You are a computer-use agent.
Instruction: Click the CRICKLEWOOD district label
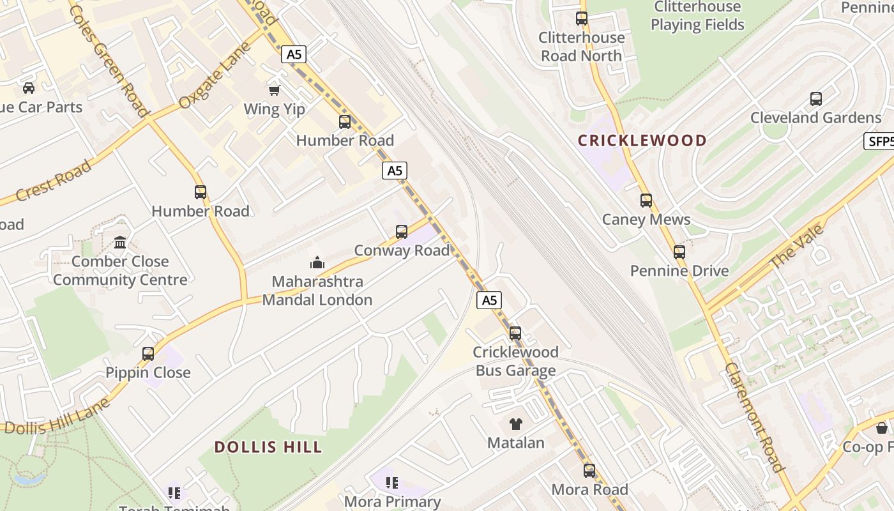pos(642,141)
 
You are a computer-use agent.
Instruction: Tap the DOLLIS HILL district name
pos(268,447)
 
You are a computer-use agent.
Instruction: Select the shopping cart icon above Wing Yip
pos(275,91)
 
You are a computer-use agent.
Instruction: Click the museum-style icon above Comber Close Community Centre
pos(120,242)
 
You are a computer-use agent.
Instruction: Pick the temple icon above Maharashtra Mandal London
pos(317,263)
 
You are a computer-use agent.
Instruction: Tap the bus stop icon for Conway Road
pos(402,232)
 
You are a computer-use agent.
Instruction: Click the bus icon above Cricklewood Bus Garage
pos(515,333)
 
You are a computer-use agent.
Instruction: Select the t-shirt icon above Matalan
pos(516,423)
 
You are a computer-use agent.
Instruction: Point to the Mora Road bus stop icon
pos(589,471)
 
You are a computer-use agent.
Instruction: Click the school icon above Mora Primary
pos(392,483)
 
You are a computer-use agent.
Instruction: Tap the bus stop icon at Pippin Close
pos(148,354)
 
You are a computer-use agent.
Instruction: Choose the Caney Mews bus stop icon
pos(646,201)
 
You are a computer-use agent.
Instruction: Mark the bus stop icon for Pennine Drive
pos(679,252)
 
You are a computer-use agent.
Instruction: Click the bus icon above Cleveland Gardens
pos(816,99)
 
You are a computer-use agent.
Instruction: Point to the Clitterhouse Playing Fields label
pos(697,16)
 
